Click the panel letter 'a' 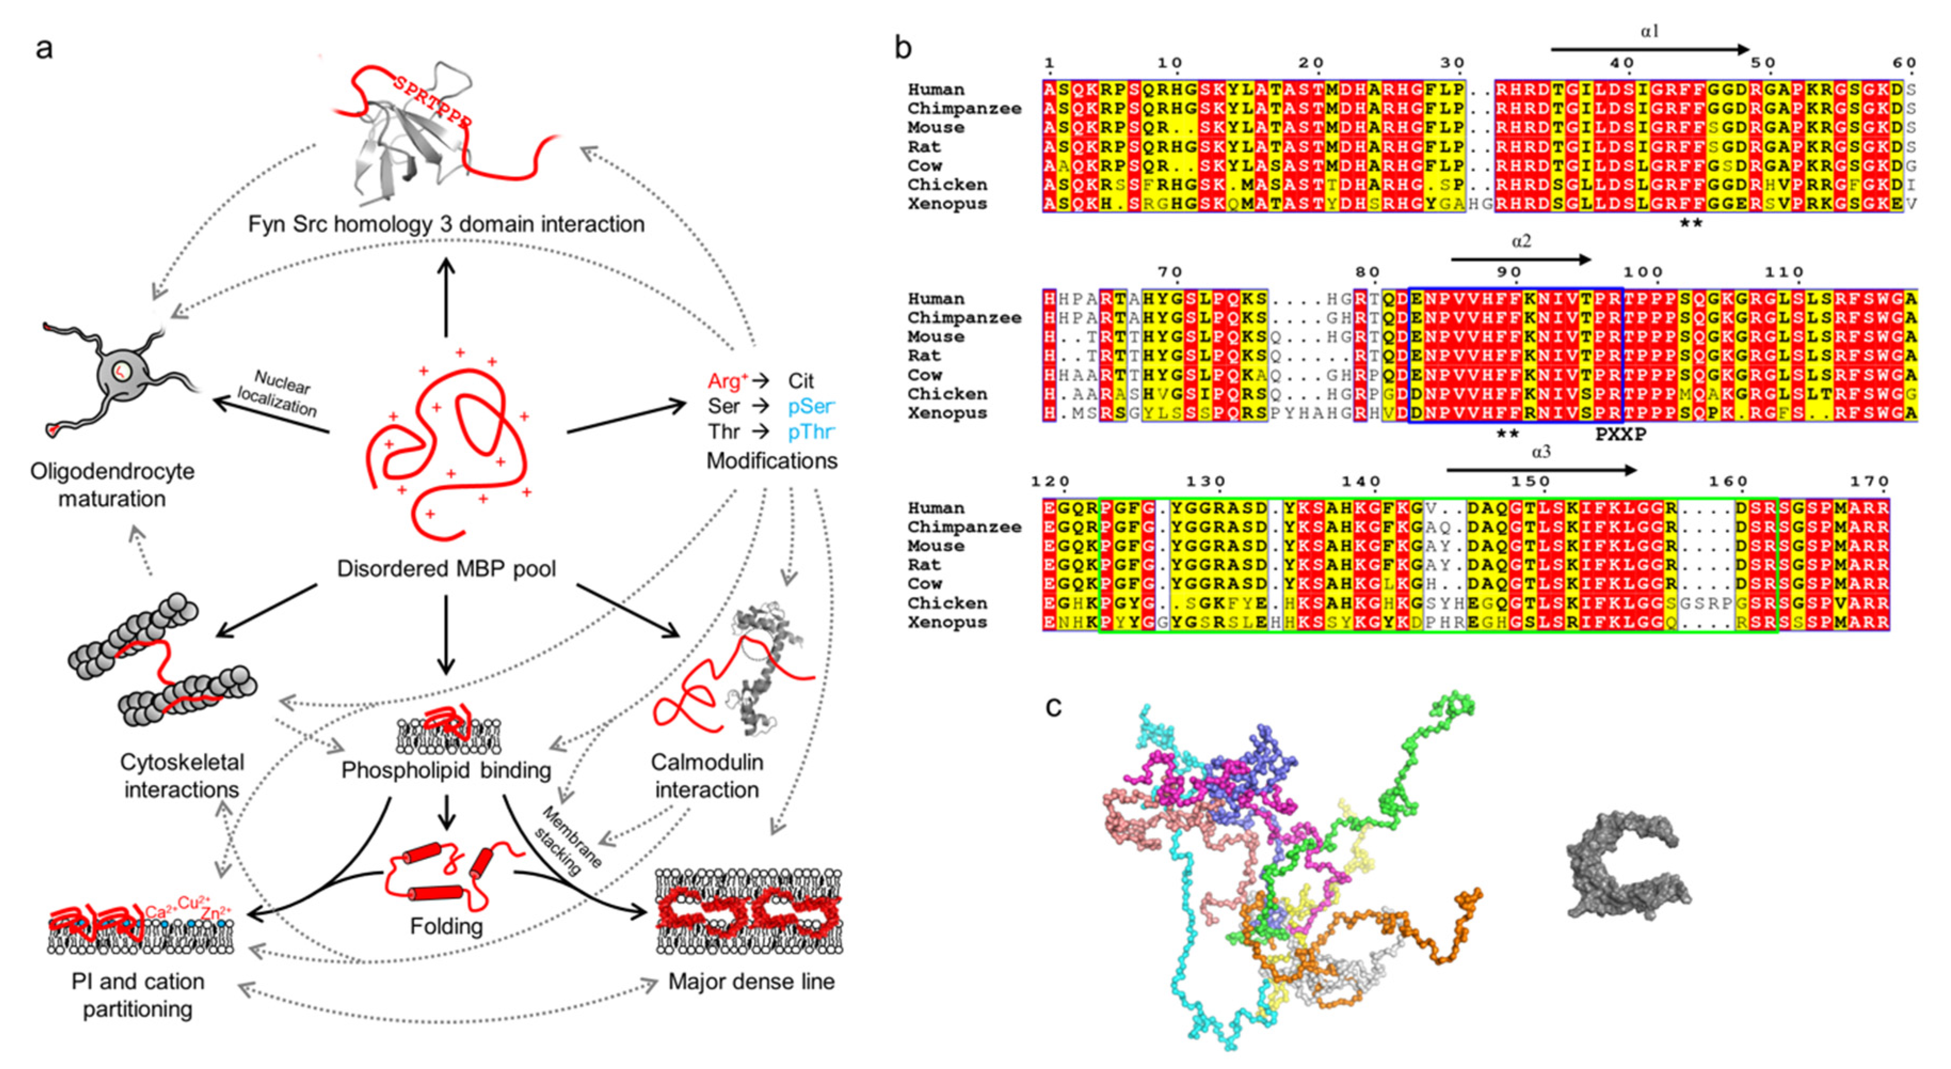tap(44, 49)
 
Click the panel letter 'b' tap(902, 47)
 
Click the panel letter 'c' tap(1053, 707)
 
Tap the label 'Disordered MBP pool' tap(446, 568)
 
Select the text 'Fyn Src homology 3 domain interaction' tap(446, 224)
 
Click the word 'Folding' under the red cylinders tap(446, 926)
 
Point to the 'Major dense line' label tap(751, 982)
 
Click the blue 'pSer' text tap(810, 407)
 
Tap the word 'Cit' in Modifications tap(800, 381)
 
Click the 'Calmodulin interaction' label tap(706, 776)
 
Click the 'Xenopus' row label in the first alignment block tap(947, 204)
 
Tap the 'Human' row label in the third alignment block tap(936, 508)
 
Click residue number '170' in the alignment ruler tap(1869, 482)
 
